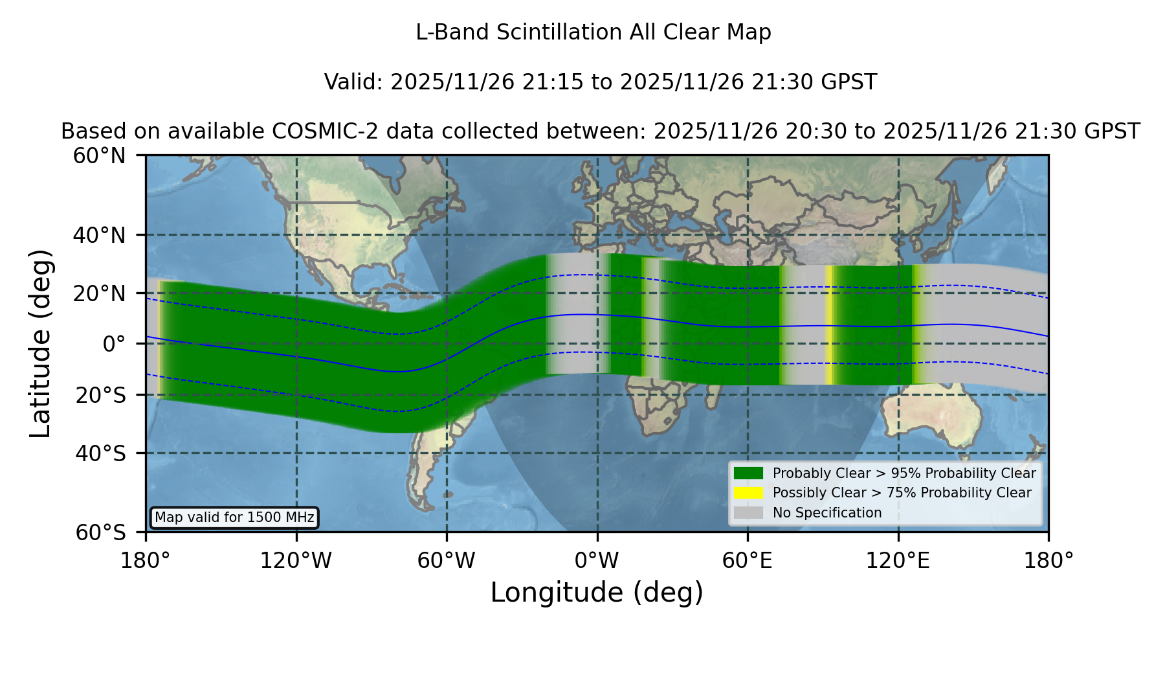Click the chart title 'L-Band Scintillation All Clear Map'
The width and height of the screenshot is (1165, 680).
[594, 32]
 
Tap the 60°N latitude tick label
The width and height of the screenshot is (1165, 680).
[100, 155]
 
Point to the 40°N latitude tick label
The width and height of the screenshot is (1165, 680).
[100, 235]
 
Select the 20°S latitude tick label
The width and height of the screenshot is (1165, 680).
[101, 395]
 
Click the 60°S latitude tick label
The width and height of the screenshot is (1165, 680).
[101, 532]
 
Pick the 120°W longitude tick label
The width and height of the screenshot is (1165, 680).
[296, 560]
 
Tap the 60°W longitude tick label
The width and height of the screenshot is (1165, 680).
[447, 560]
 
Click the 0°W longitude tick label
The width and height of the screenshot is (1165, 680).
[597, 560]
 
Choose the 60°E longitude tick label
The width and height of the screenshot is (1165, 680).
[748, 560]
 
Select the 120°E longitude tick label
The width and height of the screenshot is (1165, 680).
[898, 560]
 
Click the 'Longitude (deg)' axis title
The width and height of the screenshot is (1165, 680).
[597, 593]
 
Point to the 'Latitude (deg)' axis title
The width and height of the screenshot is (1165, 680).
[40, 343]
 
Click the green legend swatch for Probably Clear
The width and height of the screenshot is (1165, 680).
[749, 473]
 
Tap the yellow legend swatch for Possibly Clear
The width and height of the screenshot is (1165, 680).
[749, 493]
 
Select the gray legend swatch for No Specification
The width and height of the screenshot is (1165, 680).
[749, 513]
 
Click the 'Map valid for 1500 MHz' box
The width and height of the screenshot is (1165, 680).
[234, 517]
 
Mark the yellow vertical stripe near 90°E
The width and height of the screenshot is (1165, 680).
[829, 325]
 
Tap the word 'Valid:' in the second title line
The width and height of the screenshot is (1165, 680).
[354, 82]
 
